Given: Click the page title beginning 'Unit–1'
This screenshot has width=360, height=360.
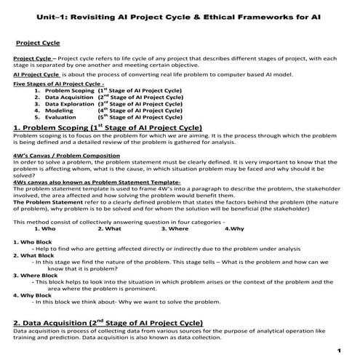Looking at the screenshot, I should pos(179,15).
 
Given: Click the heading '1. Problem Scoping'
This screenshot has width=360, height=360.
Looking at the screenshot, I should pos(50,127).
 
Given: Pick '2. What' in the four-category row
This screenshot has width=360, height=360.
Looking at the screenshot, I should pos(108,228).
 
